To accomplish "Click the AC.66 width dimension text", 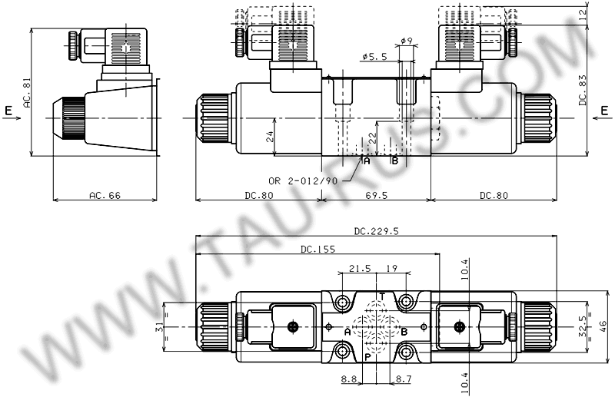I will coord(105,196).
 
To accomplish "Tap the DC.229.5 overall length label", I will coord(376,231).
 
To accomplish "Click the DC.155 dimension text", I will coord(318,249).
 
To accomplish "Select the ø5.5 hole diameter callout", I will coord(375,56).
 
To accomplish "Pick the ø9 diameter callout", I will coord(407,41).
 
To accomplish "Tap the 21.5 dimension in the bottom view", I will coord(359,269).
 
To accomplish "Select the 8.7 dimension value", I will coord(404,379).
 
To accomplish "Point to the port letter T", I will coord(382,296).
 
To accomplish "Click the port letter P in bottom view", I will coord(367,357).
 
